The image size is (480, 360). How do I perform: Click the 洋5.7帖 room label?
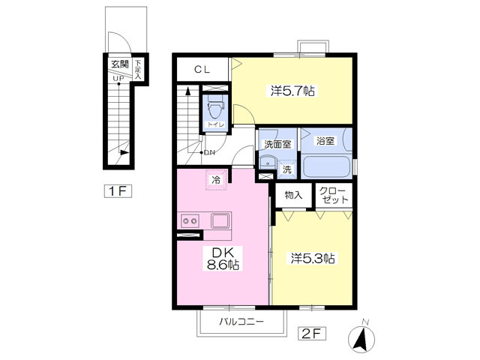click(292, 91)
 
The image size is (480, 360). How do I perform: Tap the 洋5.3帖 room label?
click(313, 258)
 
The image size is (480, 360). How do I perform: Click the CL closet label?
click(202, 70)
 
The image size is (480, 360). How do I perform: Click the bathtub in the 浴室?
click(327, 166)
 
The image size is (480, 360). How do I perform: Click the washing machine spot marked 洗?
click(286, 169)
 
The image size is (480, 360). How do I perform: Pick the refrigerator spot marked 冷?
click(215, 180)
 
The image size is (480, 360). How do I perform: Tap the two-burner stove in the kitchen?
click(188, 221)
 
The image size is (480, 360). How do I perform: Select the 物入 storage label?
click(293, 195)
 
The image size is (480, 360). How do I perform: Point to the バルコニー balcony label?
click(241, 322)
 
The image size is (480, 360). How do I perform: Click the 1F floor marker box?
click(118, 190)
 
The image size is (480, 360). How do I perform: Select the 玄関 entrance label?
click(118, 64)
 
